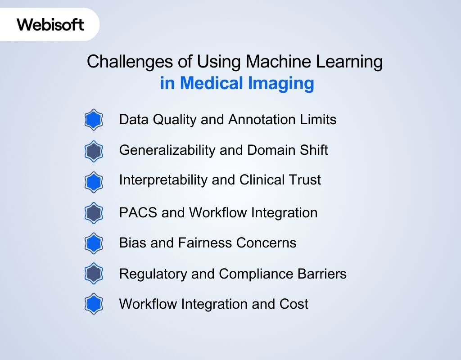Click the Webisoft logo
click(50, 24)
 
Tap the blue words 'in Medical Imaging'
click(237, 84)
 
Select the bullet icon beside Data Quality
click(94, 120)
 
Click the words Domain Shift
click(288, 150)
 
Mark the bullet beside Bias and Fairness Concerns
click(94, 243)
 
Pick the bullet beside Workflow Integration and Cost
click(94, 304)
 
